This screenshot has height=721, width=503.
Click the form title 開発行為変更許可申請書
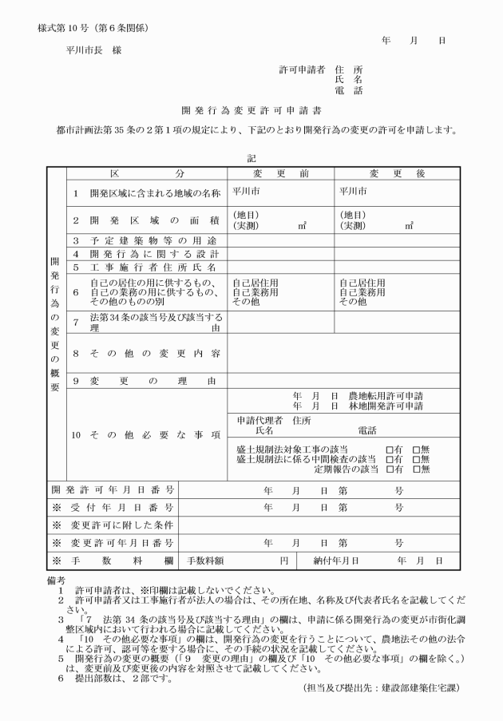tap(252, 109)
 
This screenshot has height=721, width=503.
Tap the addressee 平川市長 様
tap(94, 50)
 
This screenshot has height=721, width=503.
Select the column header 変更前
tap(280, 174)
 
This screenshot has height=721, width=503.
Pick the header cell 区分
tap(147, 174)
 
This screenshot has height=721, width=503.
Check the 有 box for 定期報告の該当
tap(389, 469)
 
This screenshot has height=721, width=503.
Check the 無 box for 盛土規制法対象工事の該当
tap(416, 449)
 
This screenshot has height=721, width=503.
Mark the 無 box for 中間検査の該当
tap(416, 459)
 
